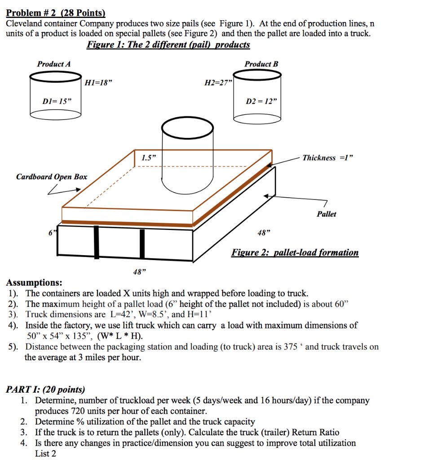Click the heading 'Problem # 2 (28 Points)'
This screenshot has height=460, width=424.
(x=55, y=13)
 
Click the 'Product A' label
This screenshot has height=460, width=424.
(x=54, y=64)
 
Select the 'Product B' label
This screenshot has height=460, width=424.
(x=261, y=64)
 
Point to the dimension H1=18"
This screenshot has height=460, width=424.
(x=98, y=83)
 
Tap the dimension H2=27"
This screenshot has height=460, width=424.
(x=217, y=83)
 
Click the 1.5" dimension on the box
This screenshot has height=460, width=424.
(x=148, y=158)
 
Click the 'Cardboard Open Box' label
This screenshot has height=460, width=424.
(x=52, y=177)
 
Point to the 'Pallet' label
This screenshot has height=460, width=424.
(x=326, y=214)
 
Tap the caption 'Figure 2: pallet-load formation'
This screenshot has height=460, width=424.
(x=295, y=252)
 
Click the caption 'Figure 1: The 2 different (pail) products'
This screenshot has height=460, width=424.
(x=168, y=44)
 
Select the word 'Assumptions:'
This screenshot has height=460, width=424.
(x=34, y=283)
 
